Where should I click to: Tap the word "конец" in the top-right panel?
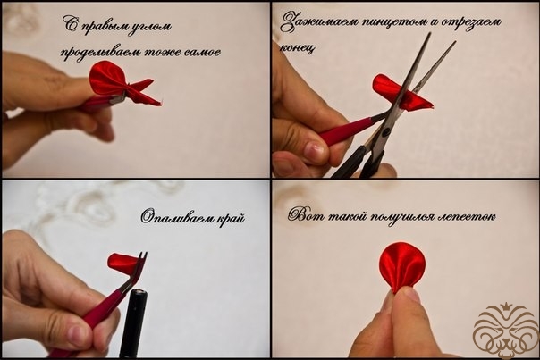[x=297, y=48]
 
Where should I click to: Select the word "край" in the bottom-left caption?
[x=231, y=218]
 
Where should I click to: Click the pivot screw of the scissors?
[x=386, y=131]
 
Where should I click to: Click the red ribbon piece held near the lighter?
[x=123, y=263]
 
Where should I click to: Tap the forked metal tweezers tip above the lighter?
[x=141, y=261]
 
